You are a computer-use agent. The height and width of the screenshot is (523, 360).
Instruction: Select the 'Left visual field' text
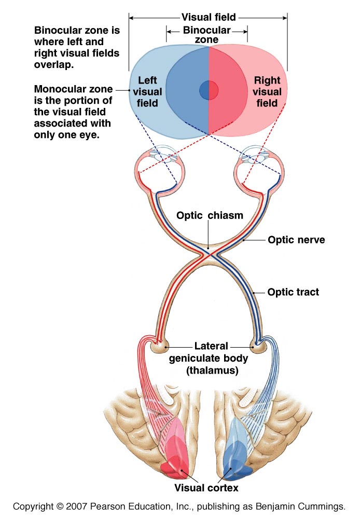click(x=150, y=92)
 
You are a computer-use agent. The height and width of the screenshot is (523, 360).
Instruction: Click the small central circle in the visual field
click(x=209, y=90)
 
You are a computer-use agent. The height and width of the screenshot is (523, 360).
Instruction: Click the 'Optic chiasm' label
click(x=209, y=215)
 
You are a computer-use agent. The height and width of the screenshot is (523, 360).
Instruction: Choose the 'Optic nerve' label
click(x=296, y=240)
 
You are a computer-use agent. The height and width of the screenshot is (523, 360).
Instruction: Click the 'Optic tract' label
click(x=293, y=292)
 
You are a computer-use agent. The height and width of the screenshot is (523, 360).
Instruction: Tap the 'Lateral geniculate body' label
click(x=213, y=351)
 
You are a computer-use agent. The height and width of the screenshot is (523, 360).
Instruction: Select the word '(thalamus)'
click(x=213, y=371)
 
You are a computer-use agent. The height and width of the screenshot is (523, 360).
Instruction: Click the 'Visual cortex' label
click(x=206, y=487)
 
